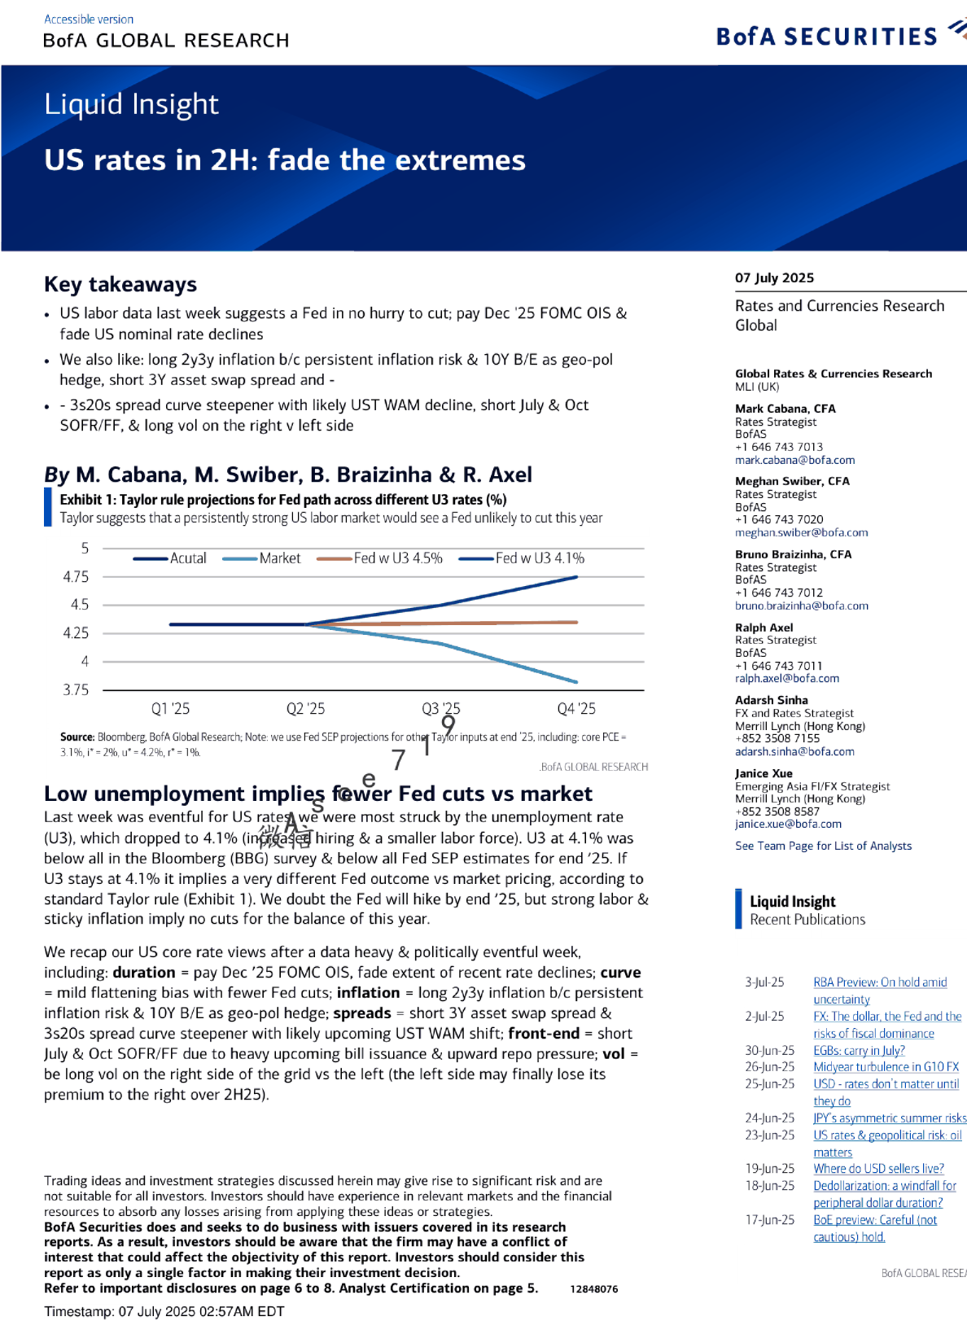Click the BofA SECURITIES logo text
pos(826,37)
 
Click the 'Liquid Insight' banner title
pos(131,104)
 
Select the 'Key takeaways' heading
pos(120,284)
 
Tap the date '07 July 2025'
pos(774,278)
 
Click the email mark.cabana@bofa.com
pos(794,460)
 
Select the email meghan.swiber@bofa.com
pos(801,532)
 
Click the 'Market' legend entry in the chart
pos(279,558)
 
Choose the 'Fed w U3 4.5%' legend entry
pos(397,558)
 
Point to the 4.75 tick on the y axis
pos(76,577)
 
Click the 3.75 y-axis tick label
pos(76,689)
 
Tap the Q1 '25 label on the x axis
pos(170,709)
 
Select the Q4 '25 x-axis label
pos(576,709)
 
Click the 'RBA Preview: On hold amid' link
pos(880,982)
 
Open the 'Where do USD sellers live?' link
pos(878,1169)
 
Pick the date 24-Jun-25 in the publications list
pos(769,1118)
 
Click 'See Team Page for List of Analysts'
pos(823,846)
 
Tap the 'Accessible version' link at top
pos(89,19)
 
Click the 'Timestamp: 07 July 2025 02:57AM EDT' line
pos(164,1311)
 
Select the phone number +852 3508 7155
pos(777,738)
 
